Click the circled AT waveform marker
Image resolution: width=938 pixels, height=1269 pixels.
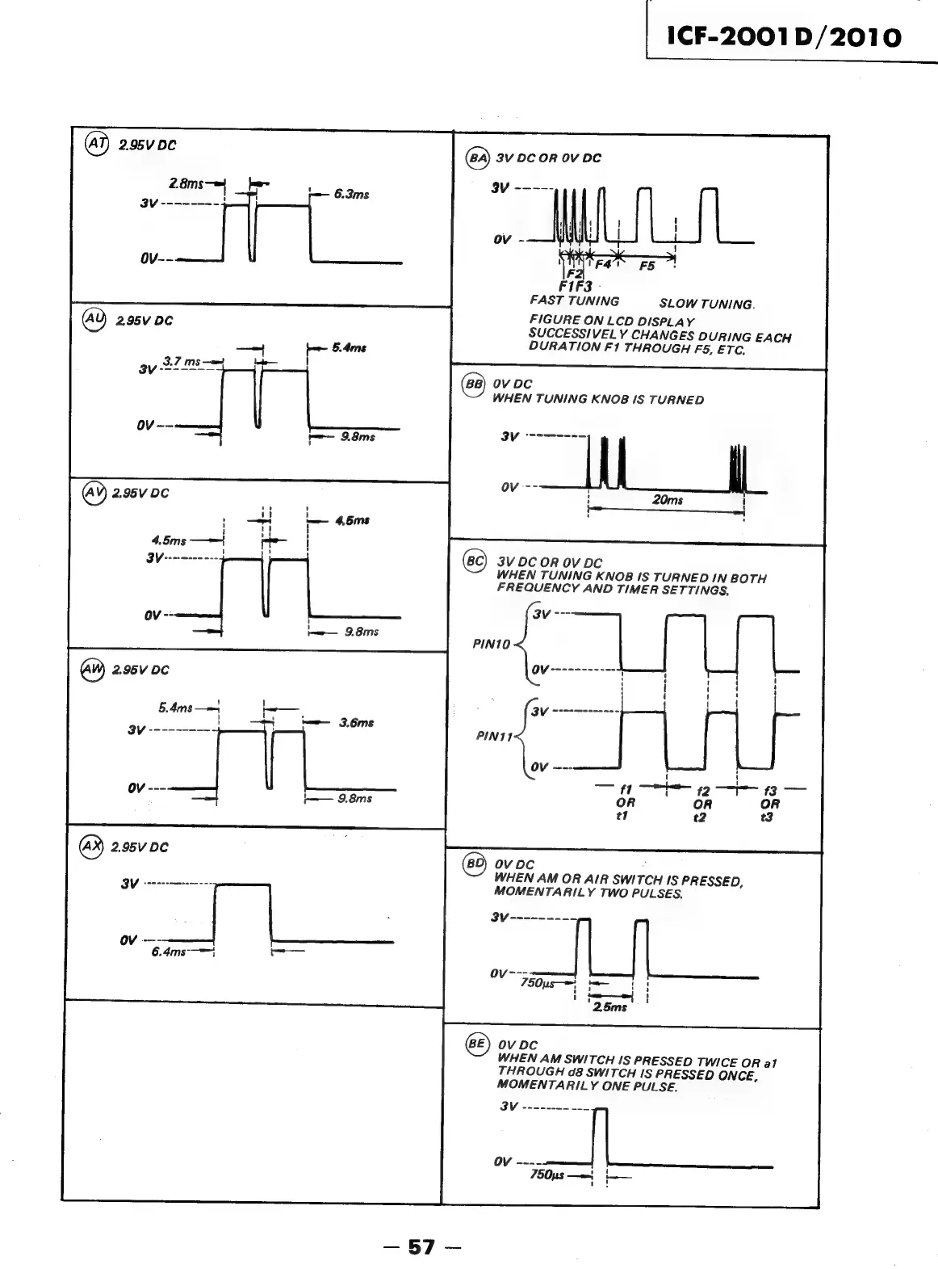(x=98, y=145)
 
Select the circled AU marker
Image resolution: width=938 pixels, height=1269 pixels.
(x=95, y=320)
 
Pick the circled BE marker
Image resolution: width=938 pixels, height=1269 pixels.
(x=477, y=1044)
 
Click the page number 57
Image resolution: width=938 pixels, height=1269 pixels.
(x=421, y=1247)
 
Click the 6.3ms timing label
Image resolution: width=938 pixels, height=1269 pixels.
(x=352, y=194)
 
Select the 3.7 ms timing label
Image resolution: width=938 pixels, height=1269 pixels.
(x=182, y=361)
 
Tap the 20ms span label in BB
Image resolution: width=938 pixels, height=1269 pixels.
(x=668, y=500)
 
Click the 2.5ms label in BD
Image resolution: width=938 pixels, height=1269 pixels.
(x=609, y=1006)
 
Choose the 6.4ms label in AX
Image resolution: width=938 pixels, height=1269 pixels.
(x=168, y=952)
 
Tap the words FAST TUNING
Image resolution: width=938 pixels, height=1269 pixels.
(x=574, y=300)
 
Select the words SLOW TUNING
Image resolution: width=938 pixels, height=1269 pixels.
(x=706, y=304)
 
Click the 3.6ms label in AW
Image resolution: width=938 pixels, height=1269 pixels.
(x=356, y=723)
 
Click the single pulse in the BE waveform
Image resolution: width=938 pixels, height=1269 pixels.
(x=599, y=1137)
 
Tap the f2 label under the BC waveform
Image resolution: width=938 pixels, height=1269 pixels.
(x=702, y=792)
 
